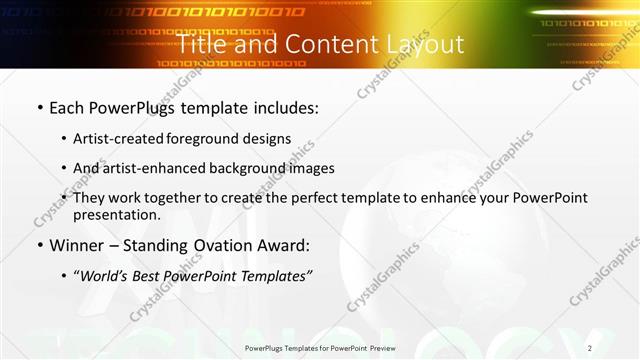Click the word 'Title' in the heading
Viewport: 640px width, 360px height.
tap(203, 44)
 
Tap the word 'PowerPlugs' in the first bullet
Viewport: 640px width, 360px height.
tap(136, 106)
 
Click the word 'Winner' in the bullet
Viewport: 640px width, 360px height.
tap(76, 245)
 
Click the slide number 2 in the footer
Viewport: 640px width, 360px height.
tap(590, 348)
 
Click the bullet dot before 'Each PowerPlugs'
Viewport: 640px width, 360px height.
tap(39, 107)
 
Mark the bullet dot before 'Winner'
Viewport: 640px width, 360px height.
tap(39, 246)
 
